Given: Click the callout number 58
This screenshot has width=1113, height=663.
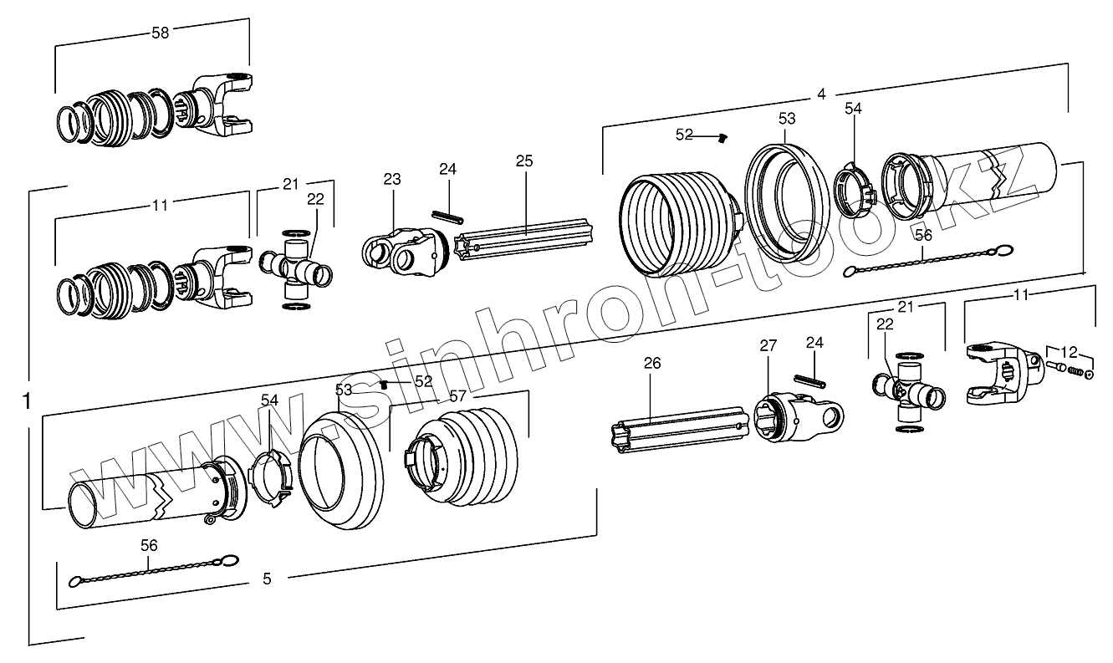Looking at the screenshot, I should coord(160,33).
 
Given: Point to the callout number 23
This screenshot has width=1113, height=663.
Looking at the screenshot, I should coord(392,179).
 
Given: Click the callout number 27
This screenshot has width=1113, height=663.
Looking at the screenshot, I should coord(768,346).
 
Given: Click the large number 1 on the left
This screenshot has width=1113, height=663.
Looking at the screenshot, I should coord(27,402).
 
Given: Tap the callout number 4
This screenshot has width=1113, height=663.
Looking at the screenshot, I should coord(821,94).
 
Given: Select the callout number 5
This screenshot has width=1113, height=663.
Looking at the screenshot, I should coord(267,579).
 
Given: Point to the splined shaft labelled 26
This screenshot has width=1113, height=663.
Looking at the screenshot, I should coord(678,423).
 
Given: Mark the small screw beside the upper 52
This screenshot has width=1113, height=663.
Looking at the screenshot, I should coord(724,138).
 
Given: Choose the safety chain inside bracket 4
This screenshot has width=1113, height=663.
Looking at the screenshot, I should coord(928,259).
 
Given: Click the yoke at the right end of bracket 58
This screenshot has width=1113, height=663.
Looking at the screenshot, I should coord(222,106).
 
